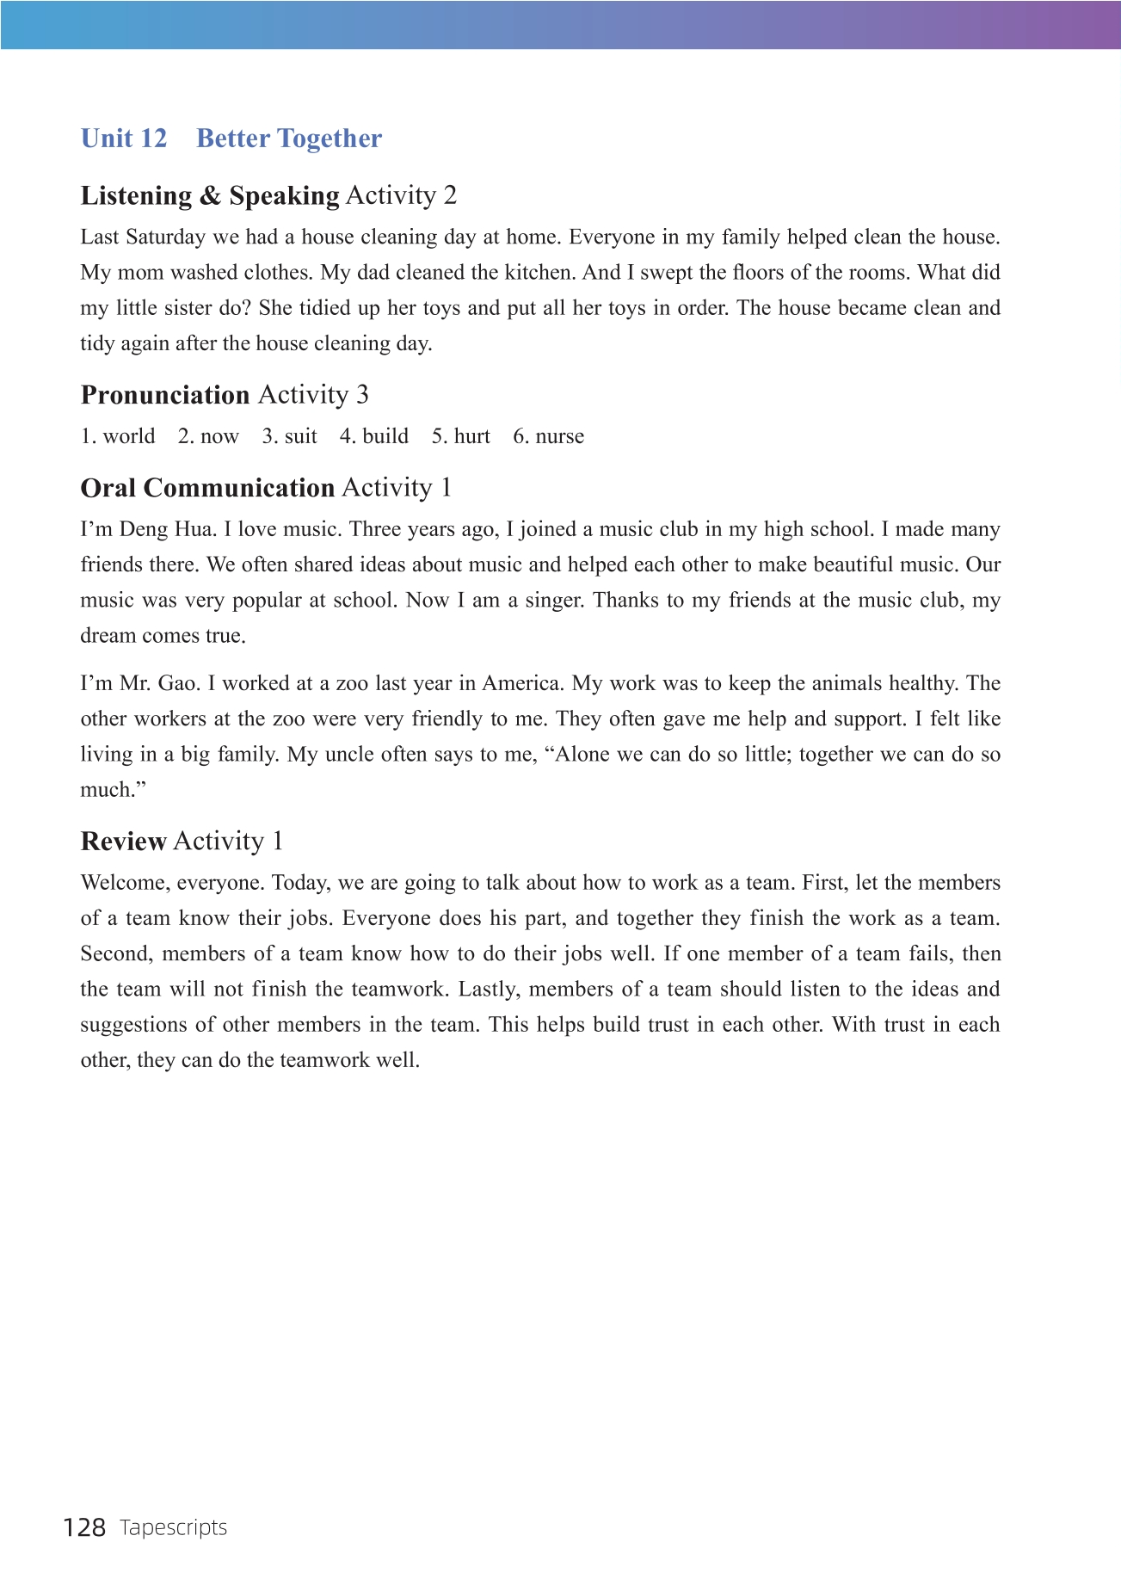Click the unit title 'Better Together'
point(289,139)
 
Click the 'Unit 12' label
point(124,139)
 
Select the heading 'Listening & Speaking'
point(210,196)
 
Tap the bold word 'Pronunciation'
point(165,395)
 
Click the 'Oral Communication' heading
point(207,488)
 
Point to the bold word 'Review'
point(123,842)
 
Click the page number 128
point(84,1527)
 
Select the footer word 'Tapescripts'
point(174,1527)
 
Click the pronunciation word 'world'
point(129,436)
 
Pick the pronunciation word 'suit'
point(301,436)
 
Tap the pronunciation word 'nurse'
point(559,436)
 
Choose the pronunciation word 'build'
point(385,436)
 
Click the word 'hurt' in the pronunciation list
point(472,436)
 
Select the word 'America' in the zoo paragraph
point(521,684)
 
